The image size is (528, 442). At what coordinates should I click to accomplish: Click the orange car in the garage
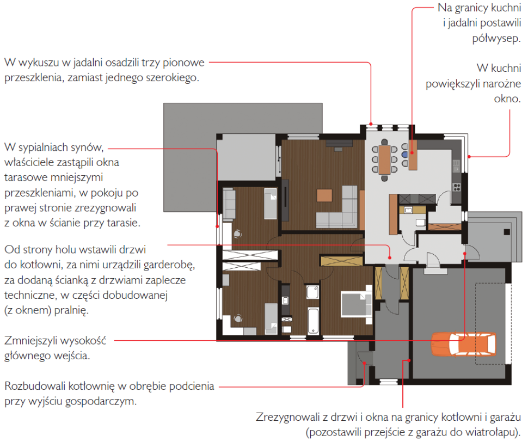point(464,343)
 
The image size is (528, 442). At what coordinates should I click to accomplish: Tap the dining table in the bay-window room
point(384,159)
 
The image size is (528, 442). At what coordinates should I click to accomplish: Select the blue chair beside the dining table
point(404,155)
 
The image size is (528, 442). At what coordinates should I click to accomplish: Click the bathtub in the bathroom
point(313,320)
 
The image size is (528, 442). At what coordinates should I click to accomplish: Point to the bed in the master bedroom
point(357,304)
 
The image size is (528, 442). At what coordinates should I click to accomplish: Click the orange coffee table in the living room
point(324,195)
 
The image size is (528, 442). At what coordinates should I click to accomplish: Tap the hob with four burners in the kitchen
point(457,187)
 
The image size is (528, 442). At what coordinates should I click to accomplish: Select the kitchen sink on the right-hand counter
point(456,165)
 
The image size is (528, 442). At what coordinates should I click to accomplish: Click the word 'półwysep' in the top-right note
point(496,39)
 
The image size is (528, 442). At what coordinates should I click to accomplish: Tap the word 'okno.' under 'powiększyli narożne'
point(507,99)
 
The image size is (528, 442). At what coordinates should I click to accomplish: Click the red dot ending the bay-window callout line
point(371,124)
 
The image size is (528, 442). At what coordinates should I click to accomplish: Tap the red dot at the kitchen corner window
point(469,157)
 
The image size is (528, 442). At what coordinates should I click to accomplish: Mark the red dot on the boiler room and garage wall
point(409,360)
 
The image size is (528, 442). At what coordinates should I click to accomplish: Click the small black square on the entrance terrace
point(507,232)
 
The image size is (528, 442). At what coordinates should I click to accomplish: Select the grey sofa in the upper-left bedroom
point(229,204)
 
